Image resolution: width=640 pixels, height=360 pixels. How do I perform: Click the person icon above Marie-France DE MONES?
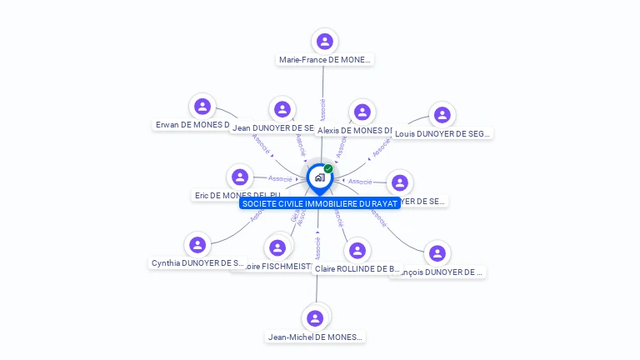pos(325,41)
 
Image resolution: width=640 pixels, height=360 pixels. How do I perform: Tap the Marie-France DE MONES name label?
pos(325,59)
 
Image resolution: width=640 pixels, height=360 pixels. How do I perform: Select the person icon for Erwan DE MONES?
pos(202,107)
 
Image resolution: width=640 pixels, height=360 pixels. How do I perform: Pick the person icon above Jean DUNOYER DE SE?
pos(282,109)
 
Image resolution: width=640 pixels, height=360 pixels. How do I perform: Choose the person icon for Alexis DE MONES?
pos(362,112)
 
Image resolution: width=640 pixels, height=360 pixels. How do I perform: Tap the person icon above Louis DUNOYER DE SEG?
pos(442,115)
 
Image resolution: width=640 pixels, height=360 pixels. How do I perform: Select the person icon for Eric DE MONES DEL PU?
pos(240,177)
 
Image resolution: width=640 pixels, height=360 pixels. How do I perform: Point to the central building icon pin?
pos(319,177)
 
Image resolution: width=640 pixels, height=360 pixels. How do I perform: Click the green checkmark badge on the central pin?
pos(328,168)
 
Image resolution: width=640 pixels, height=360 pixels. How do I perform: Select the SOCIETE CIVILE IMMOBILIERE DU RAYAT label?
pos(319,203)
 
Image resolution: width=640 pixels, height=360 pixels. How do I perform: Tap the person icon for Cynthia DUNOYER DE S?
pos(197,245)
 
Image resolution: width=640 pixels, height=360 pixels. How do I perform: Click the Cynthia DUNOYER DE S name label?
pos(197,263)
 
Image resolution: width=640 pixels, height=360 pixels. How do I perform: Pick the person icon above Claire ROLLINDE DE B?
pos(357,250)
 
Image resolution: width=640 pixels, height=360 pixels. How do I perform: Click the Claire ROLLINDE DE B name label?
pos(357,268)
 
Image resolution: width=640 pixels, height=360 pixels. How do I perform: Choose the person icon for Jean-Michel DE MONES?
pos(315,318)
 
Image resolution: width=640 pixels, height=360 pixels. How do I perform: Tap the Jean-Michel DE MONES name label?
pos(315,337)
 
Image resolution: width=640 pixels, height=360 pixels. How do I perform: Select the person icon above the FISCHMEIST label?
pos(277,247)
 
